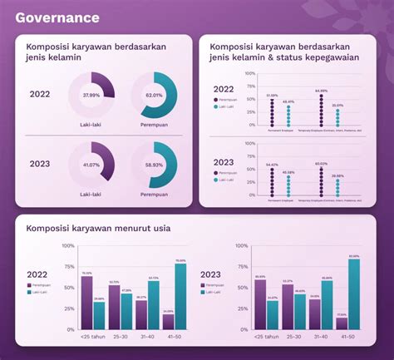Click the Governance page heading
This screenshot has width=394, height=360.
pos(57,17)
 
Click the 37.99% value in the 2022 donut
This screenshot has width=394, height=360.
pos(91,96)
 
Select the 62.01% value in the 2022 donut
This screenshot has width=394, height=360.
pos(154,96)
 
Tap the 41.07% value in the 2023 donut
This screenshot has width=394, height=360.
pos(91,165)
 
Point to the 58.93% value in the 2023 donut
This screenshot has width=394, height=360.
pos(154,165)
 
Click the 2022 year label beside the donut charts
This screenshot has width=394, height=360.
pos(39,95)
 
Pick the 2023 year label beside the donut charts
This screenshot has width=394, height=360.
pos(39,164)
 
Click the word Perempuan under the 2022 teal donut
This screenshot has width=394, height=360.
pos(154,126)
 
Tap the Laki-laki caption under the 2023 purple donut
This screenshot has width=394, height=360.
pos(91,195)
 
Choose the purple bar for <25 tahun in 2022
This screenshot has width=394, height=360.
pos(86,303)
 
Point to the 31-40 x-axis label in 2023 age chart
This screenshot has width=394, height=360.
pos(320,338)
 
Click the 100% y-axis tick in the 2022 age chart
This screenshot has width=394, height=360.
pos(68,246)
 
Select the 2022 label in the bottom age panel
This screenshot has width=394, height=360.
pos(37,274)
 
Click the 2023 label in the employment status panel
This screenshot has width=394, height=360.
pos(224,162)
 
